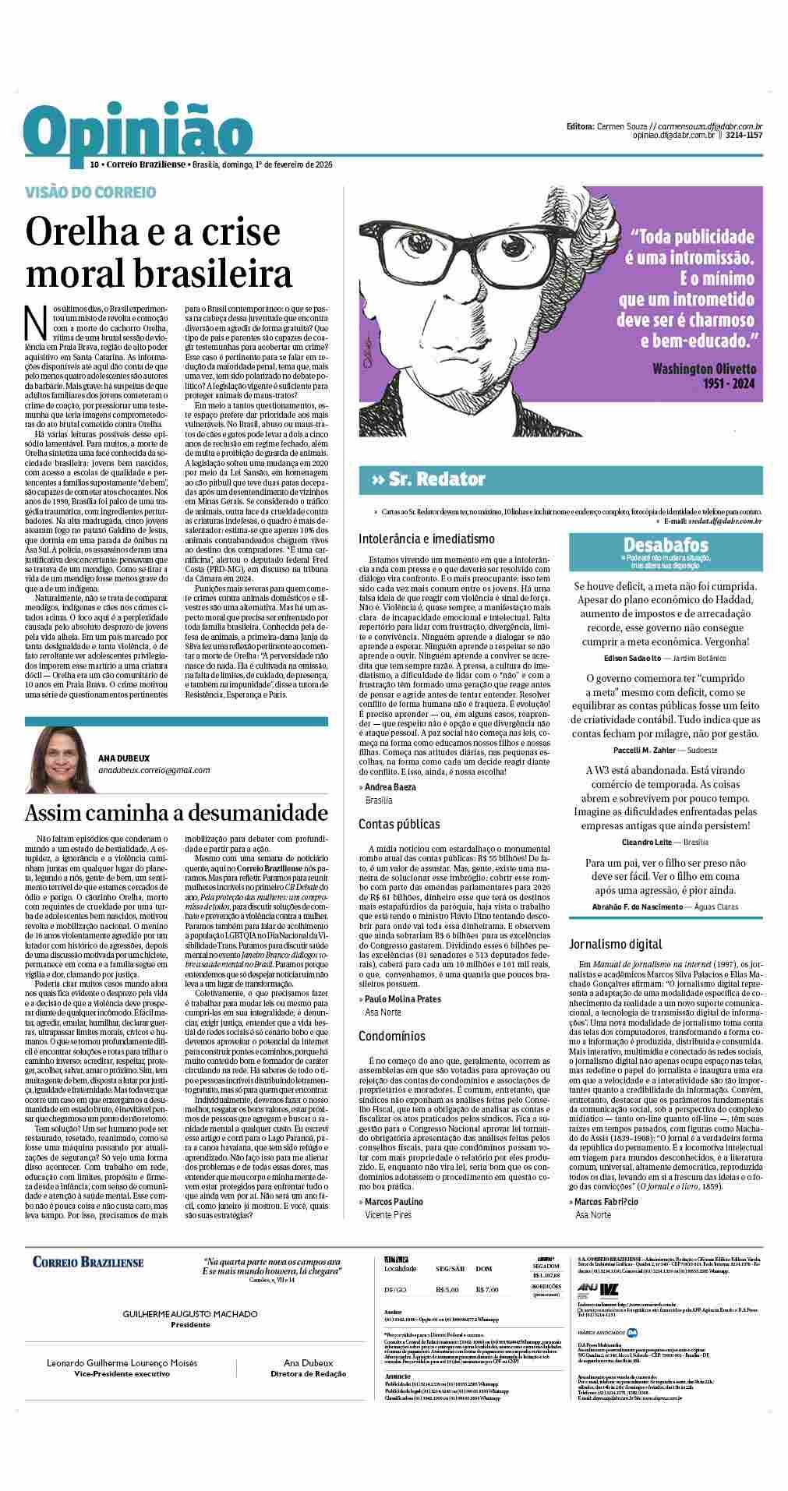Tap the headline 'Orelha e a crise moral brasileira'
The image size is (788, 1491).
[x=159, y=253]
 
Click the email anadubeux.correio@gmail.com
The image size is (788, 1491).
[x=154, y=770]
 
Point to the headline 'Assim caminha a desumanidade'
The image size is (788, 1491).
[x=177, y=813]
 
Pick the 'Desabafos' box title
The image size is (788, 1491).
[x=665, y=545]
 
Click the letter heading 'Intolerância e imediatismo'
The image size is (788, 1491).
[x=426, y=539]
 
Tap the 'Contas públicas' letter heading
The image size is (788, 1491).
[x=399, y=824]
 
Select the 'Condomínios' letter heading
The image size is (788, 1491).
[x=391, y=1036]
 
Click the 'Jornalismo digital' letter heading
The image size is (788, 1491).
[x=615, y=944]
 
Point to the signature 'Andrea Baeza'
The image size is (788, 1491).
[x=390, y=787]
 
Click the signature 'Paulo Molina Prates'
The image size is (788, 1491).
[x=402, y=999]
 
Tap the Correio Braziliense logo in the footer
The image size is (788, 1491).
[x=88, y=1262]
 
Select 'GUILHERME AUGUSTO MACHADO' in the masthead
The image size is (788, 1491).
[x=190, y=1314]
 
